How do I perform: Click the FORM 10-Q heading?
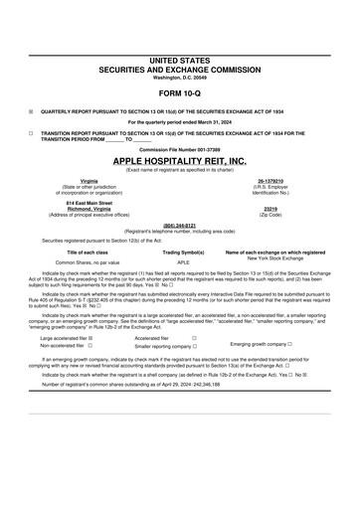pos(179,94)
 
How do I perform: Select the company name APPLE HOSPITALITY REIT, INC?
pos(179,160)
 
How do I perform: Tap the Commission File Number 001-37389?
pos(179,149)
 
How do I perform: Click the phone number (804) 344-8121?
pos(179,225)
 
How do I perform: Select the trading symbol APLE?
pos(183,262)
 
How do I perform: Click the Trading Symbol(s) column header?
pos(183,253)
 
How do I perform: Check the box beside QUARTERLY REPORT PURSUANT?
pos(32,112)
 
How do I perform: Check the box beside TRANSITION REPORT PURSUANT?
pos(32,131)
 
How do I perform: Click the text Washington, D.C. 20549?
pos(179,79)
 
